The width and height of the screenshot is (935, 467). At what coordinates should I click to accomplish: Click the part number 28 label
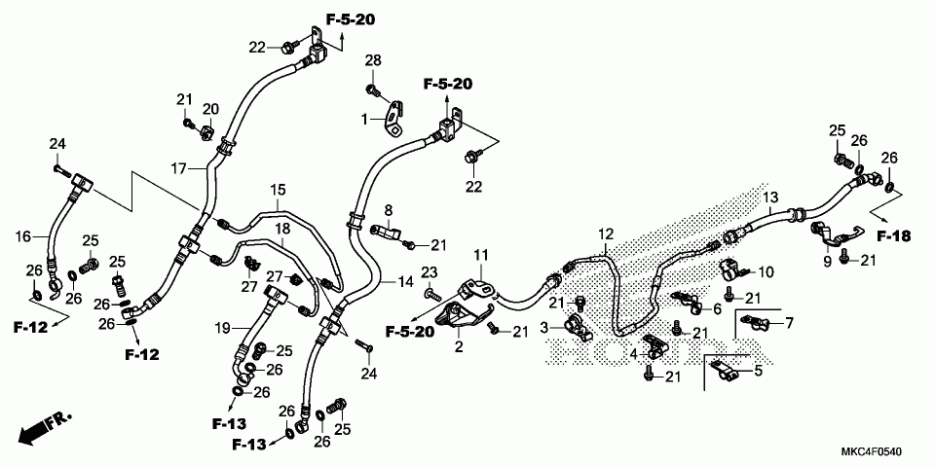coord(374,62)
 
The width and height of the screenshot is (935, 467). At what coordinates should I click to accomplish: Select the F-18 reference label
coord(892,235)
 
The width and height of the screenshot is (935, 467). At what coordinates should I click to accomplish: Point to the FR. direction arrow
coord(46,424)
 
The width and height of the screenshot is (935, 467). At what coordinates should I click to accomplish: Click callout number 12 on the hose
coord(607,234)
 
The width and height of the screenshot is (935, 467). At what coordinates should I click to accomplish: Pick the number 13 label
coord(770,198)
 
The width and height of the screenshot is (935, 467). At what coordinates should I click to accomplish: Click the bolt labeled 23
coord(429,293)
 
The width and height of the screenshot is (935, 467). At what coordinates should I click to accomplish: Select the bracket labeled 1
coord(394,120)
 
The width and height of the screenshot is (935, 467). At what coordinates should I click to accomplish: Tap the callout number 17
coord(178,169)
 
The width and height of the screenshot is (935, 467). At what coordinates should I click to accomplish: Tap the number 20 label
coord(211,108)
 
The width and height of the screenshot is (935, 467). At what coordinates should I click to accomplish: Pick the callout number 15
coord(279,189)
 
